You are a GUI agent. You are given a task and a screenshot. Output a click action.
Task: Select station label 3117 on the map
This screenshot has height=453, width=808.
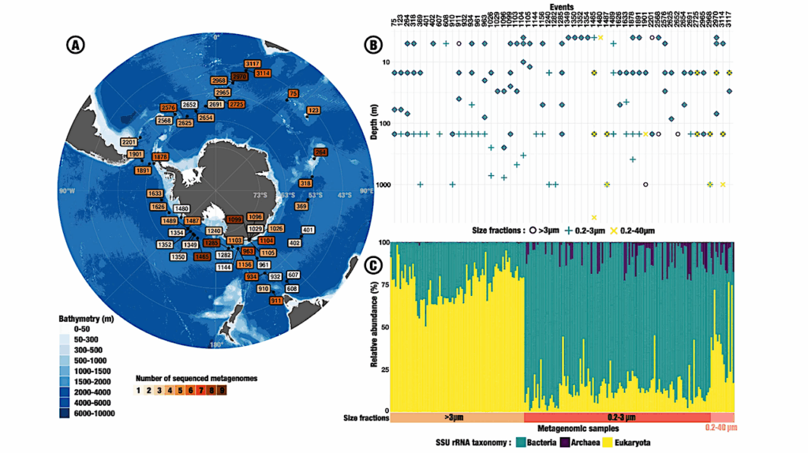(253, 63)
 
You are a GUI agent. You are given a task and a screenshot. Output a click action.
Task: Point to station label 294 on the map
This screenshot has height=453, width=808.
(320, 152)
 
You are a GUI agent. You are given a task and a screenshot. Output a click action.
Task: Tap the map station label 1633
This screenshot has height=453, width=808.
(155, 193)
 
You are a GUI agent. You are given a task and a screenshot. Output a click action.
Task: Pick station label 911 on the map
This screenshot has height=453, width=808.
(277, 301)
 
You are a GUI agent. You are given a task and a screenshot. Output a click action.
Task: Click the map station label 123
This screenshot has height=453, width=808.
(313, 110)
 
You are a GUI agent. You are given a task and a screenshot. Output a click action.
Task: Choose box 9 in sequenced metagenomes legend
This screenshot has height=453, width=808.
(223, 389)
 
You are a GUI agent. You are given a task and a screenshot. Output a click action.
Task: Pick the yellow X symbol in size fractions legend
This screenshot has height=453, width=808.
(610, 230)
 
